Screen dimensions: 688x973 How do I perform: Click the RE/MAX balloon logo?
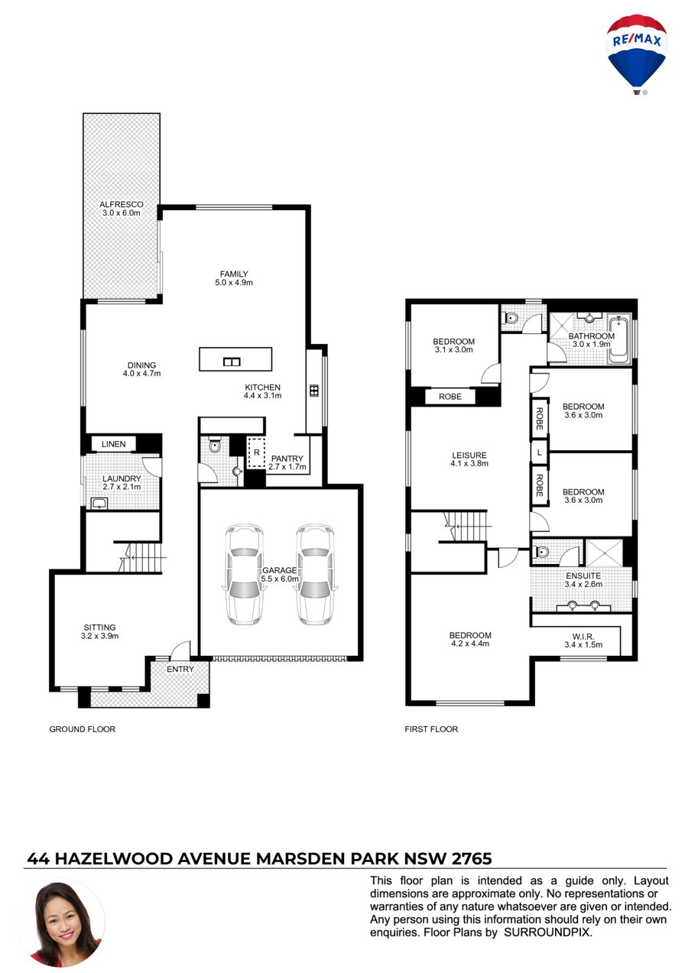(636, 54)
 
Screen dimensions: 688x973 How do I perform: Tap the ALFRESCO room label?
(122, 204)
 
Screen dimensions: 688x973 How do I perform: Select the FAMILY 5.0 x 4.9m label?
(234, 278)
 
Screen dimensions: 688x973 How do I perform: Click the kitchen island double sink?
(232, 362)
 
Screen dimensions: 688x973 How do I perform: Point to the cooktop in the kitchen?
(314, 391)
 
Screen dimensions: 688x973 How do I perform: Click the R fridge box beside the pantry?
(256, 452)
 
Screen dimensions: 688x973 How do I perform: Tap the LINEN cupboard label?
(113, 444)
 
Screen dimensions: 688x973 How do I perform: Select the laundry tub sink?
(99, 504)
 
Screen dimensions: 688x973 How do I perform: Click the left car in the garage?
(245, 575)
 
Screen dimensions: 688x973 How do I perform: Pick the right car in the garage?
(315, 575)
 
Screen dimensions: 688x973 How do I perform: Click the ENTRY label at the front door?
(180, 670)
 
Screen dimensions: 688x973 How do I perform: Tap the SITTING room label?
(100, 628)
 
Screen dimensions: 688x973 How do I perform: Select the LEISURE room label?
(469, 456)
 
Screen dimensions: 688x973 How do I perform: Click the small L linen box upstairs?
(539, 452)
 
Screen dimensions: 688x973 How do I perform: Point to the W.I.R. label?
(583, 637)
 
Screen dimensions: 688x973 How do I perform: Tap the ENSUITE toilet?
(541, 552)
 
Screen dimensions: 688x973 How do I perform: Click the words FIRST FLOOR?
(431, 729)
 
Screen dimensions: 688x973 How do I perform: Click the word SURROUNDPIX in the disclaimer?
(547, 932)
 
